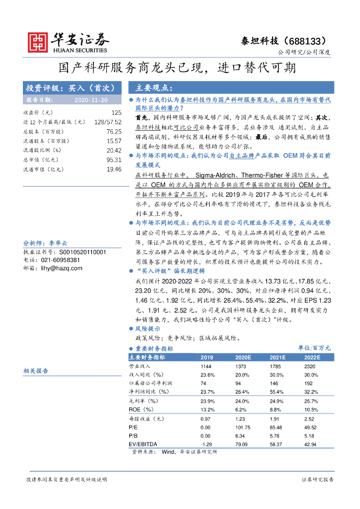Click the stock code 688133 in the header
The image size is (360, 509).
tap(309, 40)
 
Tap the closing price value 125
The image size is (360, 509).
tap(116, 113)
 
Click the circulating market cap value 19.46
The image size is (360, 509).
tap(114, 170)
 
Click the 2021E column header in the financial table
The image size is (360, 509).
tap(278, 357)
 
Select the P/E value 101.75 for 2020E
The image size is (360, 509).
tap(243, 427)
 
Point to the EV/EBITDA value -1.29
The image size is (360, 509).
tap(206, 443)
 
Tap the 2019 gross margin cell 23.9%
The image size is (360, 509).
tap(207, 401)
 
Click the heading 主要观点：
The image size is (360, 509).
tap(154, 88)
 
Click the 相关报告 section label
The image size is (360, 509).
tap(36, 371)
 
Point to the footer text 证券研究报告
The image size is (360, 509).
tap(318, 480)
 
